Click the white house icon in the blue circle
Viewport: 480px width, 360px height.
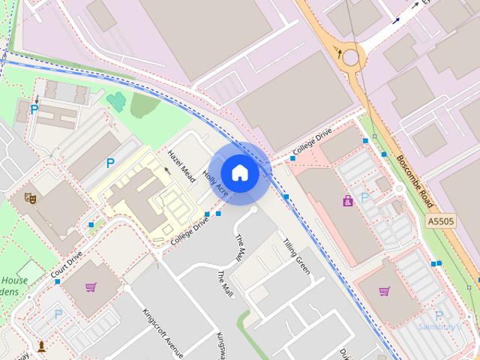(239, 172)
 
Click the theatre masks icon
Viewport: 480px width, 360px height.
(31, 198)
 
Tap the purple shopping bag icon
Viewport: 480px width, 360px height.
(348, 200)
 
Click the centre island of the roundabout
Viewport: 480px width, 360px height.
(351, 55)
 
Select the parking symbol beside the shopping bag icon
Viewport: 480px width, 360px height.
(365, 197)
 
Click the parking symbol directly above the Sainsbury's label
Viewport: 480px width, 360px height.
(439, 316)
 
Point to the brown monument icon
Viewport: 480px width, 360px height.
(42, 346)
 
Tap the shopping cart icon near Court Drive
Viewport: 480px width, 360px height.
(91, 286)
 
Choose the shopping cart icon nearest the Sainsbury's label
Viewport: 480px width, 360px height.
(385, 291)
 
